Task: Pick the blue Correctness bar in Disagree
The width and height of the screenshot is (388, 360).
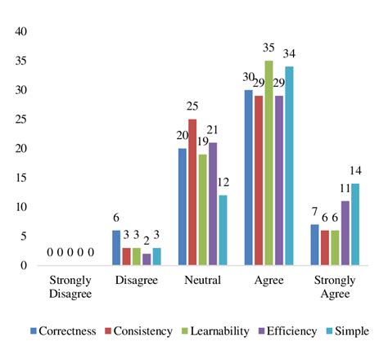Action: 116,248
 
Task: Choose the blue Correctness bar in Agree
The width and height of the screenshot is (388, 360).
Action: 248,178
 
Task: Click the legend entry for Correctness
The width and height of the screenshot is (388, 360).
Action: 62,331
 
